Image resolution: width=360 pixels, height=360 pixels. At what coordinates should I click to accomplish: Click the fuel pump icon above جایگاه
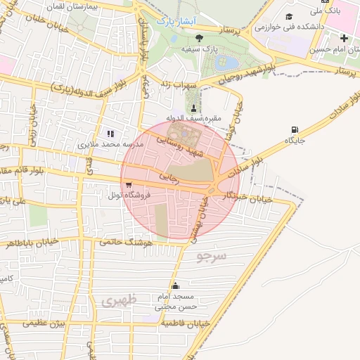pyautogui.click(x=294, y=129)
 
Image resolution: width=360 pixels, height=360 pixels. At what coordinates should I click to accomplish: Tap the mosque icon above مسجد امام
pyautogui.click(x=175, y=285)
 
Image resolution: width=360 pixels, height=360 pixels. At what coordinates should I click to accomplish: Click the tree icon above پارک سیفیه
pyautogui.click(x=198, y=38)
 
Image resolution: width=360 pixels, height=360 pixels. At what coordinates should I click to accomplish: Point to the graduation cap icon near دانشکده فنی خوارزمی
pyautogui.click(x=288, y=16)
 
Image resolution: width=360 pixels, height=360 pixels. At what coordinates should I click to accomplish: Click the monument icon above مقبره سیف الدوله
pyautogui.click(x=193, y=107)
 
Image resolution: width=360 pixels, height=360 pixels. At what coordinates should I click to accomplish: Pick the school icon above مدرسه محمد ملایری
pyautogui.click(x=109, y=133)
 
